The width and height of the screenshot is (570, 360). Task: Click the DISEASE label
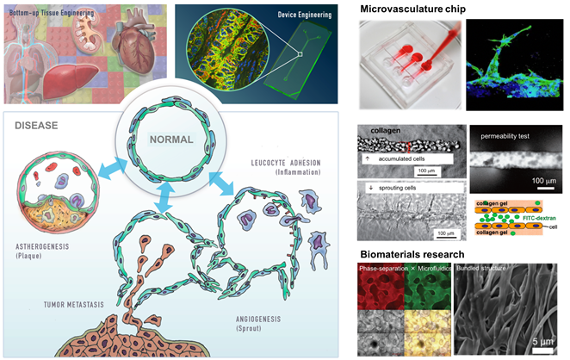tap(37, 126)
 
